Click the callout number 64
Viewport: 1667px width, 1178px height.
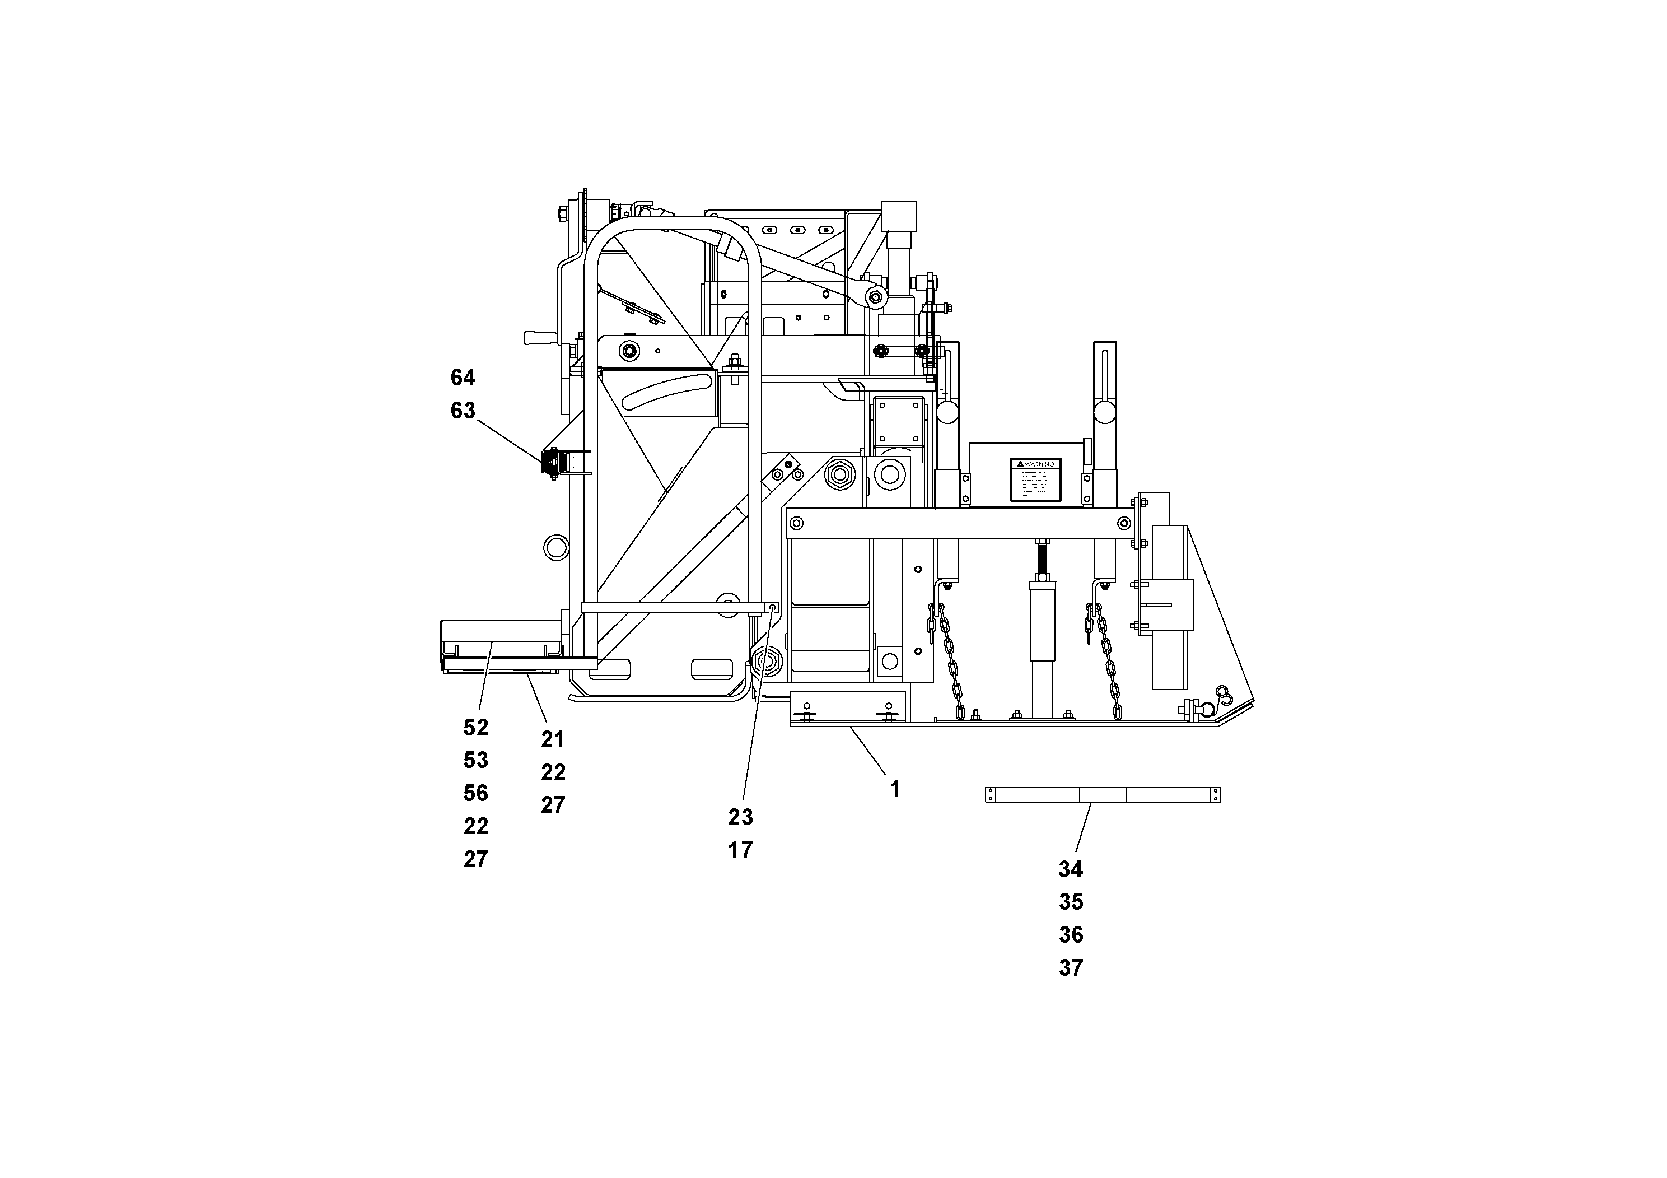463,378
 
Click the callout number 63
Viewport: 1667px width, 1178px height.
463,411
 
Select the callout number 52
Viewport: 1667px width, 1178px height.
475,728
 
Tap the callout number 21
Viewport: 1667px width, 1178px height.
553,740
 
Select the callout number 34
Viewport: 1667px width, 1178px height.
1070,869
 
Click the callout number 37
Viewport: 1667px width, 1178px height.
1070,968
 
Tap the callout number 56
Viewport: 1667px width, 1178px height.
475,793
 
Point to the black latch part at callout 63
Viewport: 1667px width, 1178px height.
552,463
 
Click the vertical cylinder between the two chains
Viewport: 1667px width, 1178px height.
1042,639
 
